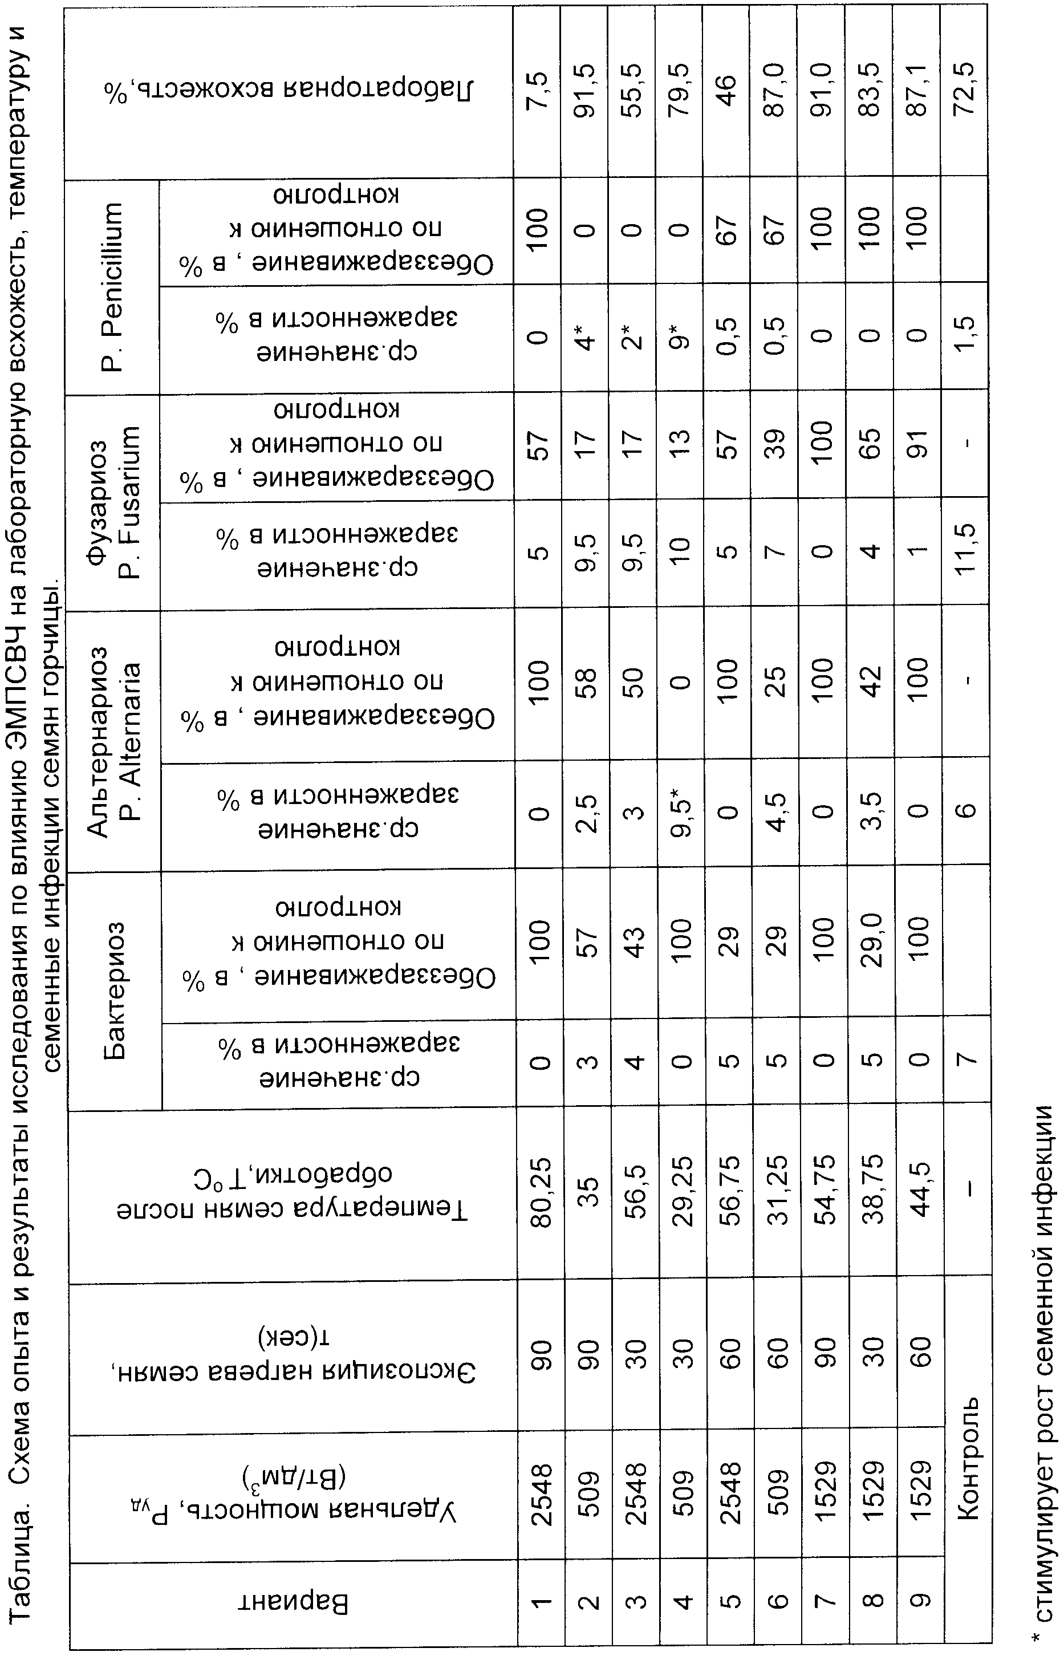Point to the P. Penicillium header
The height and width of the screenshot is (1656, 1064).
point(113,286)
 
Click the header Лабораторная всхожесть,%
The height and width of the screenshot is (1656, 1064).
point(290,90)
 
